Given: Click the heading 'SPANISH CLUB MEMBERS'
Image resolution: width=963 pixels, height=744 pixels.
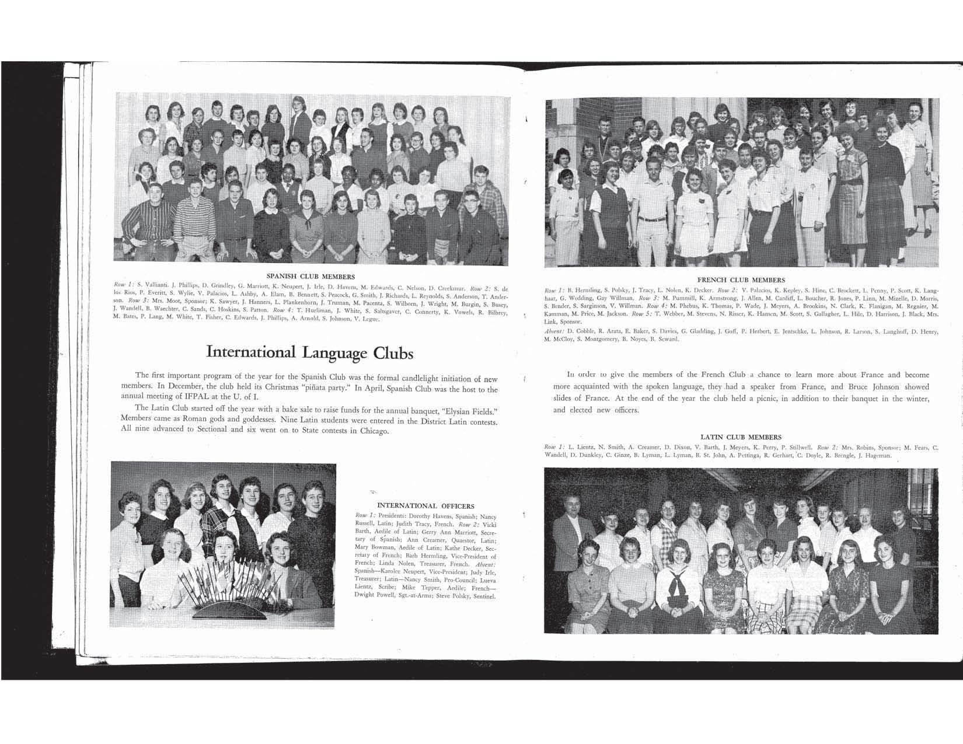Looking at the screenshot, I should (310, 276).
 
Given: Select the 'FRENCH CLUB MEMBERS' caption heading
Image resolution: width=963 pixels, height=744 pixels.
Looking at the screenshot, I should (741, 280).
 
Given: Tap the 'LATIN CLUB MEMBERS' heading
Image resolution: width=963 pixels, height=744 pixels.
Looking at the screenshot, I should (741, 436).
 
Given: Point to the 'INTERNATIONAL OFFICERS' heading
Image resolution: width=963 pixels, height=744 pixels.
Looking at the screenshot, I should (426, 506).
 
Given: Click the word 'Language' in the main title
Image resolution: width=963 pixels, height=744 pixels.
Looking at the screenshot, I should (336, 352).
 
